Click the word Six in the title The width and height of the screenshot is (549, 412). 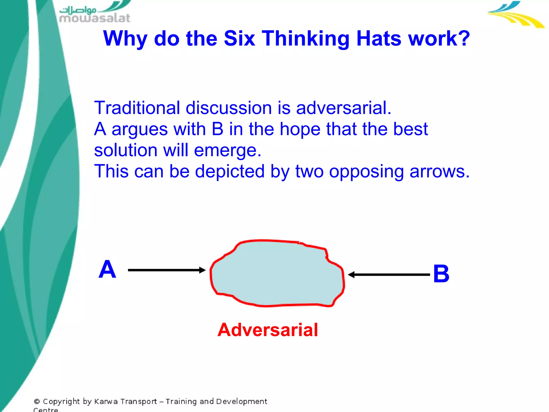tap(239, 38)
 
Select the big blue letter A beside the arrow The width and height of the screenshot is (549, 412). tap(107, 269)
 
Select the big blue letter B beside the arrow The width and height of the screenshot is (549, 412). tap(441, 274)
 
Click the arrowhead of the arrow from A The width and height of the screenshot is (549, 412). tap(202, 270)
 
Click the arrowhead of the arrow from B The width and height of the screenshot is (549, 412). tap(351, 275)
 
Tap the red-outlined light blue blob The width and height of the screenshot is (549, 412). tap(276, 274)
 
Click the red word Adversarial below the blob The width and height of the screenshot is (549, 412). tap(268, 330)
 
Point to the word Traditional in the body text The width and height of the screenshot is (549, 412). tap(137, 108)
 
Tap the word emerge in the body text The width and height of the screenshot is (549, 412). tap(227, 150)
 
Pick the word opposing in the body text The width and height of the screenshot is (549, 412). tap(366, 172)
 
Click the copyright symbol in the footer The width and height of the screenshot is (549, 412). tap(37, 402)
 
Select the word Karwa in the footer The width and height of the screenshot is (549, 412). tap(106, 402)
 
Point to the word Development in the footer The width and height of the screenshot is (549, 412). tap(242, 402)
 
